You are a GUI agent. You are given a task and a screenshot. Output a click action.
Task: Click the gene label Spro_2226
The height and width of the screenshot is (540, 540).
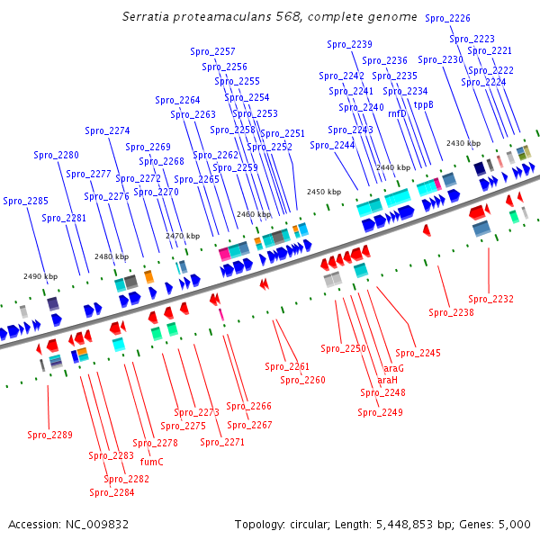[x=447, y=18]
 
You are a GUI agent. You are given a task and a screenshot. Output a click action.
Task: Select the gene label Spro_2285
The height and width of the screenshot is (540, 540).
[x=26, y=201]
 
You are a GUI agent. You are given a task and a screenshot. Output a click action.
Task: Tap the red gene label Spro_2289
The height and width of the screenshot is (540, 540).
[x=49, y=436]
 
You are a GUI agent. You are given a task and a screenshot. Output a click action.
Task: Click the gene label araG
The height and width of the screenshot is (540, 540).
[x=394, y=368]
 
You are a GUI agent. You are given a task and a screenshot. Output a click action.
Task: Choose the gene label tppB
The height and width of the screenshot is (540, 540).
[x=423, y=103]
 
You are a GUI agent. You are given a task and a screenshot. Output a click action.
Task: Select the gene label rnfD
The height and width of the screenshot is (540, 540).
[x=397, y=113]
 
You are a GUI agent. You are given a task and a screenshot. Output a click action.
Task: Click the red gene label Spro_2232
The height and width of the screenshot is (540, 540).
[x=491, y=299]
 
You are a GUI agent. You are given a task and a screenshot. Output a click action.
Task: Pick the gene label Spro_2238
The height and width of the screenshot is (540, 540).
[x=451, y=312]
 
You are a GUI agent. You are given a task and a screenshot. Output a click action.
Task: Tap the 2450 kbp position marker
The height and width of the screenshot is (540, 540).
[x=324, y=192]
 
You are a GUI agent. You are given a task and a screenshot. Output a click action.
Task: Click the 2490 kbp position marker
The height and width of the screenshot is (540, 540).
[x=40, y=276]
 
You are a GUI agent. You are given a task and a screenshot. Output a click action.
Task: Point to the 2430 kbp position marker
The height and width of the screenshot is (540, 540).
[x=463, y=143]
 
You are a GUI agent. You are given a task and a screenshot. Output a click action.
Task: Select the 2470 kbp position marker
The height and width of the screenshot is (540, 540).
[x=182, y=236]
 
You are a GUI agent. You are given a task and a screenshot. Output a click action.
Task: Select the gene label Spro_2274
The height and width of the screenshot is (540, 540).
[x=107, y=130]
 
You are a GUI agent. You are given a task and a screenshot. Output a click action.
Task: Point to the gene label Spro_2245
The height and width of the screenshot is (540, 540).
[x=418, y=353]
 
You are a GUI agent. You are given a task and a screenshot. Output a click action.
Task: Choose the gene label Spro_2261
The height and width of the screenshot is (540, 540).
[x=287, y=366]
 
